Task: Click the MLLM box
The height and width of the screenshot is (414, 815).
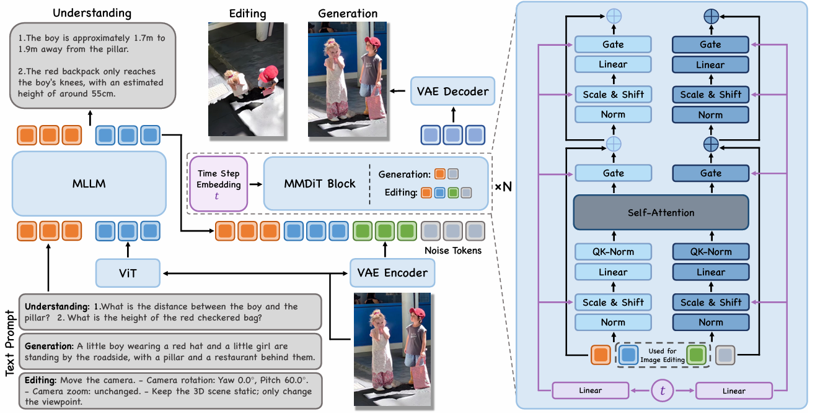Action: [x=89, y=184]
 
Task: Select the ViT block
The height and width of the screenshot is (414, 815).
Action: [x=128, y=273]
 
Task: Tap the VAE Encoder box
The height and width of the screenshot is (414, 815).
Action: [x=392, y=273]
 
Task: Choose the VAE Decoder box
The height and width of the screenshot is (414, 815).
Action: [x=452, y=91]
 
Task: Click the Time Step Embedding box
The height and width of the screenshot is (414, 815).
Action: [x=218, y=184]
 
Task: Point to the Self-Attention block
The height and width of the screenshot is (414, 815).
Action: [x=661, y=212]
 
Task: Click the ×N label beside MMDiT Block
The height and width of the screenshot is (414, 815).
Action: [x=503, y=187]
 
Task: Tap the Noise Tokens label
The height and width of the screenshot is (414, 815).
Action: [x=453, y=251]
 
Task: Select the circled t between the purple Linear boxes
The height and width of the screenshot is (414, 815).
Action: [x=662, y=390]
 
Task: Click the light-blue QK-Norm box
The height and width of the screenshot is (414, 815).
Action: [x=613, y=252]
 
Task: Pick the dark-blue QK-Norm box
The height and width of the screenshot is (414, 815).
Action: [x=711, y=252]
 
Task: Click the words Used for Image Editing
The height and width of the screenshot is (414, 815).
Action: [x=662, y=356]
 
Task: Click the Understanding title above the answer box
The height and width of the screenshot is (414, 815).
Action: [x=92, y=13]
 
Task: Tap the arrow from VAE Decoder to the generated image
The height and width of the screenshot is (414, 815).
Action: [x=398, y=91]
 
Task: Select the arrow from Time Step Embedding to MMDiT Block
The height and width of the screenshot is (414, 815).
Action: [x=256, y=184]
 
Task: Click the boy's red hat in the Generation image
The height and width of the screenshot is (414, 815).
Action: [x=372, y=42]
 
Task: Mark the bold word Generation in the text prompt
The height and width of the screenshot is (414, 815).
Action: [x=49, y=346]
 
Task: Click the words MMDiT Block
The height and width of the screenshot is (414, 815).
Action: [x=319, y=184]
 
